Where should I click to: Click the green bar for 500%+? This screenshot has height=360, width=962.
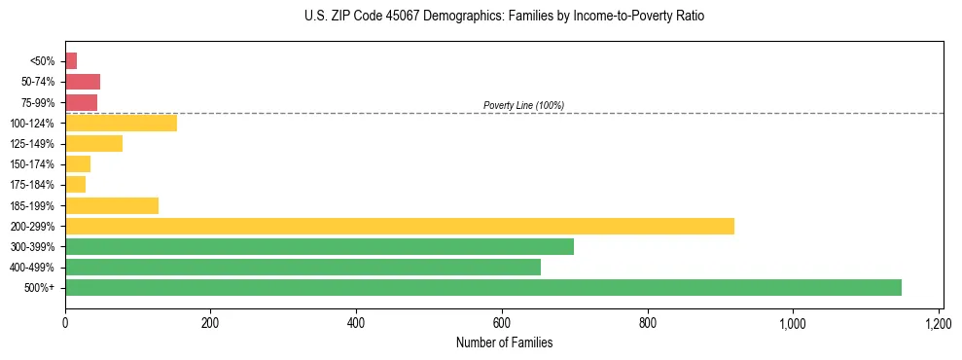coord(483,287)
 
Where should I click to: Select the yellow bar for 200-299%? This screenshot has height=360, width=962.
coord(400,226)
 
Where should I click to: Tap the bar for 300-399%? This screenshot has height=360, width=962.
coord(319,246)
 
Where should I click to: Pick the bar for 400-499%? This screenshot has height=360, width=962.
coord(303,267)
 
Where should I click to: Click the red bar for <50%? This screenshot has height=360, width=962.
coord(71,61)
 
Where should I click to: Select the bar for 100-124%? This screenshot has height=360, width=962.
coord(121,123)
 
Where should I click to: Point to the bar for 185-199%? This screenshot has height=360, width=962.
coord(112,205)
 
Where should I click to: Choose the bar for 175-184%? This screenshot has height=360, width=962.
coord(75,185)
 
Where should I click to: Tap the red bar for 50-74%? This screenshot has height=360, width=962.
coord(83,82)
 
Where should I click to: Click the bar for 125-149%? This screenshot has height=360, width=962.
coord(93,144)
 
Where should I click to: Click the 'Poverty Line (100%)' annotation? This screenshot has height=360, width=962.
coord(523,105)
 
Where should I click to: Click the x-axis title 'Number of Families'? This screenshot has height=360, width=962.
coord(504,342)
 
